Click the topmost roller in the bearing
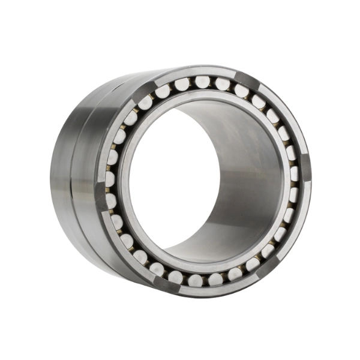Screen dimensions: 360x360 [203, 81]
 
